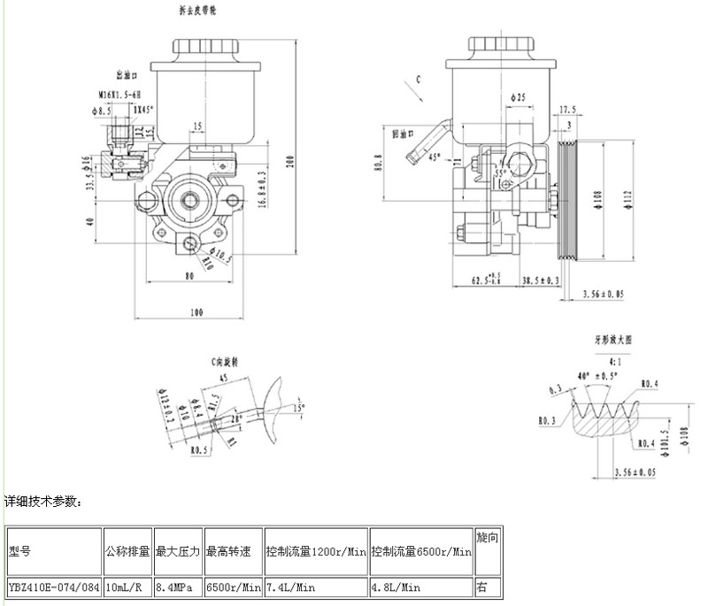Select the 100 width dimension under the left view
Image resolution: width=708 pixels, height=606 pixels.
coord(196,311)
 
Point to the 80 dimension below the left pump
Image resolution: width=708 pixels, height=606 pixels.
coord(189,274)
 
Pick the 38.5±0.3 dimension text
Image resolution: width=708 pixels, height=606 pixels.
coord(542,280)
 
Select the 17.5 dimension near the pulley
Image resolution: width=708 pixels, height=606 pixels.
coord(567,110)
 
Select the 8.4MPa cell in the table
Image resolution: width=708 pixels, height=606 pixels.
coord(177,586)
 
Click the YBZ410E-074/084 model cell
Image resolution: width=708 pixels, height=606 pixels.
coord(52,586)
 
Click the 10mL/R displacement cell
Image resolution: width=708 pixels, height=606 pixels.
coord(127,586)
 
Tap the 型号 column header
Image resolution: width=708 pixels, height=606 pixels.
coord(19,551)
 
